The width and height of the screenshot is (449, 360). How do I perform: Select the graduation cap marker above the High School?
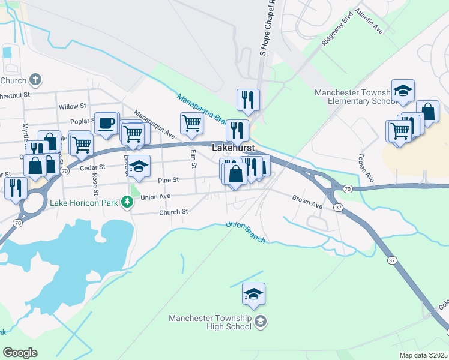[253, 294]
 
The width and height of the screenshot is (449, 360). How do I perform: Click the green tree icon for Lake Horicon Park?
[127, 202]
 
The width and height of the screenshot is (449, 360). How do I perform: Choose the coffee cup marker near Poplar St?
[106, 123]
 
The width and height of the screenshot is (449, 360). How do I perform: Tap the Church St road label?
[173, 212]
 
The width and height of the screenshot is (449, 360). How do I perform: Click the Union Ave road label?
[155, 196]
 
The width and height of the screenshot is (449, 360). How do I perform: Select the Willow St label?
[73, 106]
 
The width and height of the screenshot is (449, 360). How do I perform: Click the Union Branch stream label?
[245, 232]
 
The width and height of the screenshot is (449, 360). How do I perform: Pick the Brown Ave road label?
[307, 201]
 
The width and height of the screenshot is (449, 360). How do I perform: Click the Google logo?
[20, 353]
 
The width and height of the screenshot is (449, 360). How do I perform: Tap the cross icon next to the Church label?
[35, 80]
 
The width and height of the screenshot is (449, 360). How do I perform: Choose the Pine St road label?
[168, 180]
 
